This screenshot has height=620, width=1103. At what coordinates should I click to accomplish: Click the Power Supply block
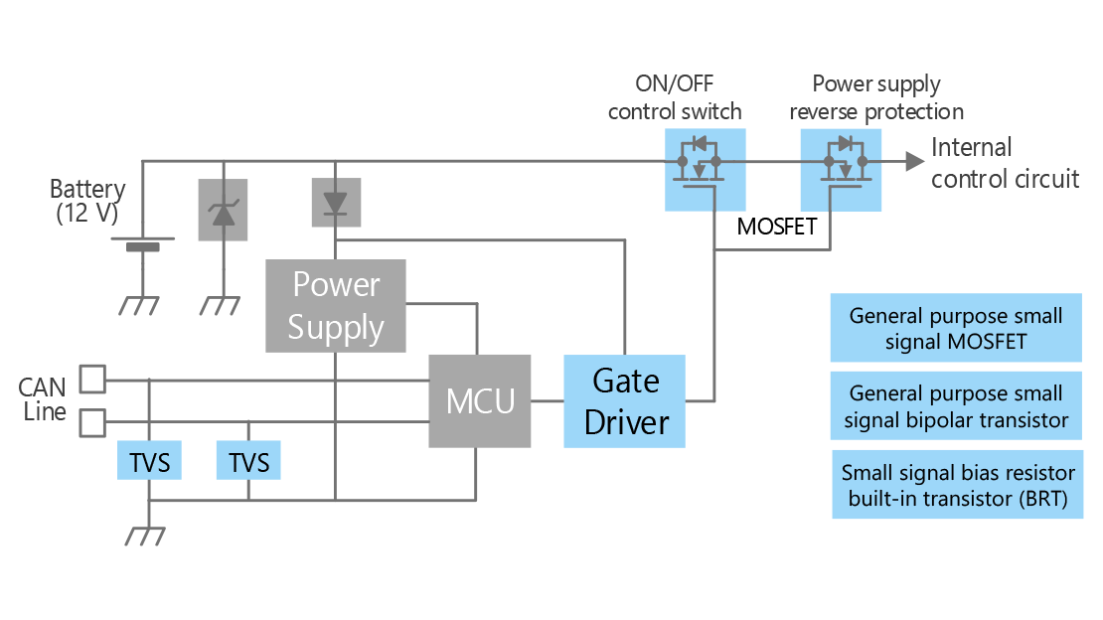336,305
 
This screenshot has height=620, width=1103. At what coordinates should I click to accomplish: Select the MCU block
480,401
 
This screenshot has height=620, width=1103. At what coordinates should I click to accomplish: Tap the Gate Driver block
625,401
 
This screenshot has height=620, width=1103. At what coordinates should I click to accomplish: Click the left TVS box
149,460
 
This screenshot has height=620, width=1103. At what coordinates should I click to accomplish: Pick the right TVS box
248,460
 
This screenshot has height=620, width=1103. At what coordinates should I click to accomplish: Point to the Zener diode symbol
223,210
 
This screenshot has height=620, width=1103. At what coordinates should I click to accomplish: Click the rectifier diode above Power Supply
336,202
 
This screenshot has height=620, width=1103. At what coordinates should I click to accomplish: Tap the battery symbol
143,243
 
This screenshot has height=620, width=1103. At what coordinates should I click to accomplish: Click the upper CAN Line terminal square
92,379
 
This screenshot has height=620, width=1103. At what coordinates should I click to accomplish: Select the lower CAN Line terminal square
92,423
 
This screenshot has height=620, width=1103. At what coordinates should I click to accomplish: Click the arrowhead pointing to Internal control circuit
914,161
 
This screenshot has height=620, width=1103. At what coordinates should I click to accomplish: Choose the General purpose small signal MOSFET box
956,328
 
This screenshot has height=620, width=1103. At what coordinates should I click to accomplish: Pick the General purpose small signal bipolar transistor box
956,406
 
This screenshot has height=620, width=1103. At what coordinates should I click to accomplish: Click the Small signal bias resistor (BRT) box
957,485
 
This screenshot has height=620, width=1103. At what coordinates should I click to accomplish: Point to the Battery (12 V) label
87,201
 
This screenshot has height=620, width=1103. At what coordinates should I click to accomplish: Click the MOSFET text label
777,227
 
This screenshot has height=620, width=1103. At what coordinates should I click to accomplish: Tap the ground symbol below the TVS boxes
146,536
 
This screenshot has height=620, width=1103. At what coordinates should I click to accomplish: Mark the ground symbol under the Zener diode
221,305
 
